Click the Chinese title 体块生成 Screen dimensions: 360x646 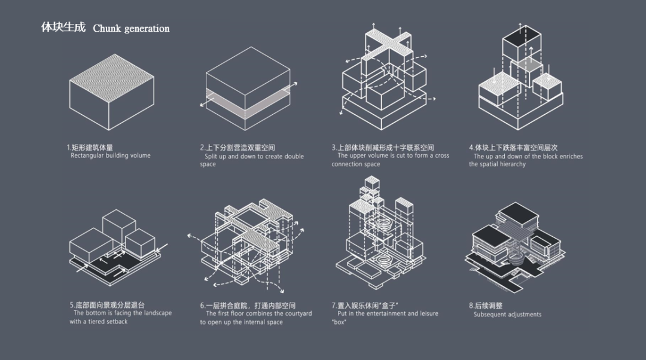[x=63, y=28]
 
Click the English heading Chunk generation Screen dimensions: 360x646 [x=131, y=29]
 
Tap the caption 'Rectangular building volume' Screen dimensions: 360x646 [x=111, y=155]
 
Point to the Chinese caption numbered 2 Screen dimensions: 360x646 [x=237, y=147]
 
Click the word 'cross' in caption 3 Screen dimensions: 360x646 [x=442, y=155]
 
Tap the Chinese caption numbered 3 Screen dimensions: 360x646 [x=383, y=147]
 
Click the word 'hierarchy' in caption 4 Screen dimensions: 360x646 [x=511, y=164]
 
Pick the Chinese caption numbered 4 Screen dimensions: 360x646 [x=513, y=147]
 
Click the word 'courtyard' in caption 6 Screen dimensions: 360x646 [x=298, y=313]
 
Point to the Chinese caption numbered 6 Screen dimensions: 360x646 [x=248, y=305]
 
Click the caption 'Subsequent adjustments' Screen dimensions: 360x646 [x=507, y=315]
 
